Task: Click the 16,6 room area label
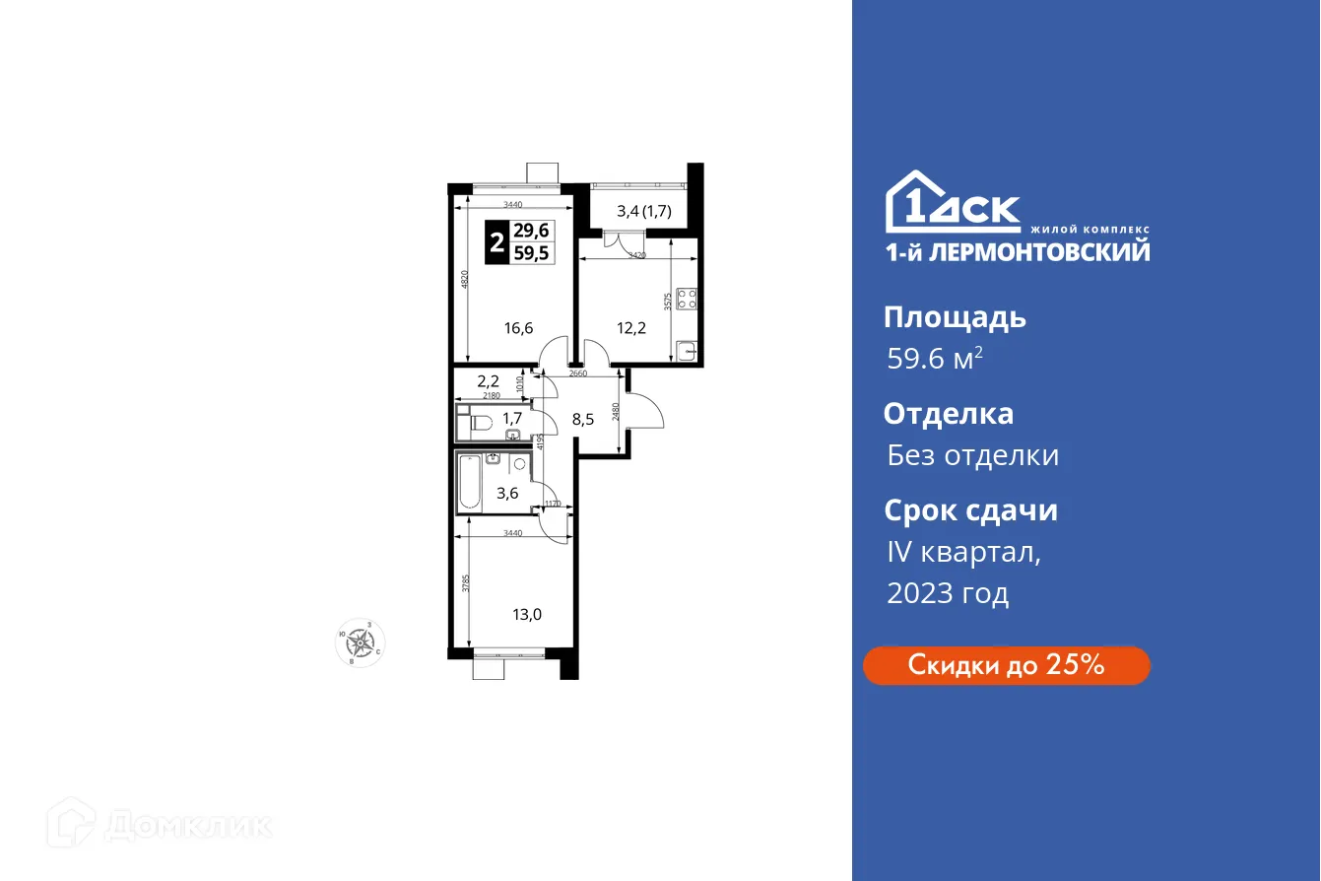[x=518, y=328]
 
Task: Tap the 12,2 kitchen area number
[x=631, y=328]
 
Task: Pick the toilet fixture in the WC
[x=480, y=424]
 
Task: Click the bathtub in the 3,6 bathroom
[x=470, y=482]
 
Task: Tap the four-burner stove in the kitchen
[x=688, y=299]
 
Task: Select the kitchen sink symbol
[x=687, y=349]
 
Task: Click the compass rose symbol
[x=361, y=642]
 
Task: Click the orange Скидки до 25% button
[x=1006, y=665]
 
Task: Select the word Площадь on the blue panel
[x=955, y=317]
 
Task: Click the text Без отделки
[x=972, y=455]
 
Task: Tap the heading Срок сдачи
[x=970, y=510]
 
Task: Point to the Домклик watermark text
[x=187, y=824]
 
